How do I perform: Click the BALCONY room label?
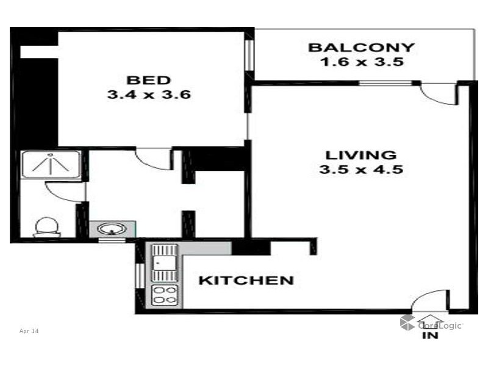[361, 48]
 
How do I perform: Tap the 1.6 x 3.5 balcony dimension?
[361, 62]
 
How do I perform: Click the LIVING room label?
[361, 155]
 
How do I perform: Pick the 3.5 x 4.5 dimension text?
[361, 170]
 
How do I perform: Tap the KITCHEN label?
[246, 281]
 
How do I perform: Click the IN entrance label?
[430, 335]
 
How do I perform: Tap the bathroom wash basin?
[110, 230]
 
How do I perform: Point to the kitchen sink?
[164, 262]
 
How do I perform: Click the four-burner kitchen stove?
[164, 295]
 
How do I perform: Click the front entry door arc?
[431, 301]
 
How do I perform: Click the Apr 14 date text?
[29, 331]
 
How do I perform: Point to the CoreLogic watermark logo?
[431, 323]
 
